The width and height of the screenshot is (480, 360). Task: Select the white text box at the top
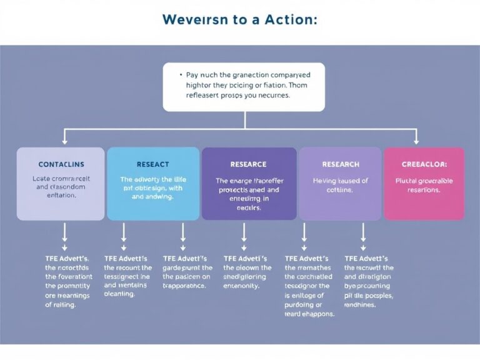244,86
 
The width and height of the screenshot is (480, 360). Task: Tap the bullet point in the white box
180,74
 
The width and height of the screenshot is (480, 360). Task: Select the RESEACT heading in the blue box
152,164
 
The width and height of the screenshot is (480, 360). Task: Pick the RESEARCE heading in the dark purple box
248,164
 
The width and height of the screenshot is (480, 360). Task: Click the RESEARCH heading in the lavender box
341,164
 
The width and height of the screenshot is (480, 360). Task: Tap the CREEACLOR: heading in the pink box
424,164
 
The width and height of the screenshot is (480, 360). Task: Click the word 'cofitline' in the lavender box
341,190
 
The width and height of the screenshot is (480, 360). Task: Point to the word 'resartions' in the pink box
424,190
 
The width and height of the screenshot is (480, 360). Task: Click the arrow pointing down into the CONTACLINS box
66,138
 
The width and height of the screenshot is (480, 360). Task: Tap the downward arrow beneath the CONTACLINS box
65,233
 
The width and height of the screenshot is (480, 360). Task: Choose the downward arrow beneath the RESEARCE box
244,233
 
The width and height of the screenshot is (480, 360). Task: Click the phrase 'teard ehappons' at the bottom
309,314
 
